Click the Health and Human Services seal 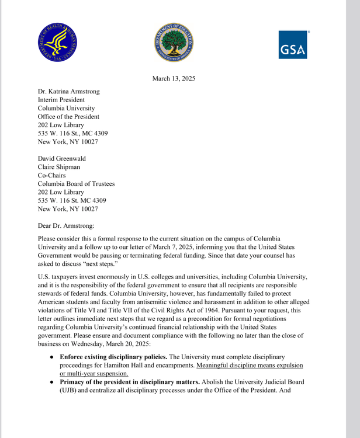pyautogui.click(x=58, y=43)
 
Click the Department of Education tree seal pyautogui.click(x=174, y=43)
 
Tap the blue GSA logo pyautogui.click(x=293, y=45)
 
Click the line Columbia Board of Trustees pyautogui.click(x=76, y=183)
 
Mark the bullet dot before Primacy pyautogui.click(x=52, y=383)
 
